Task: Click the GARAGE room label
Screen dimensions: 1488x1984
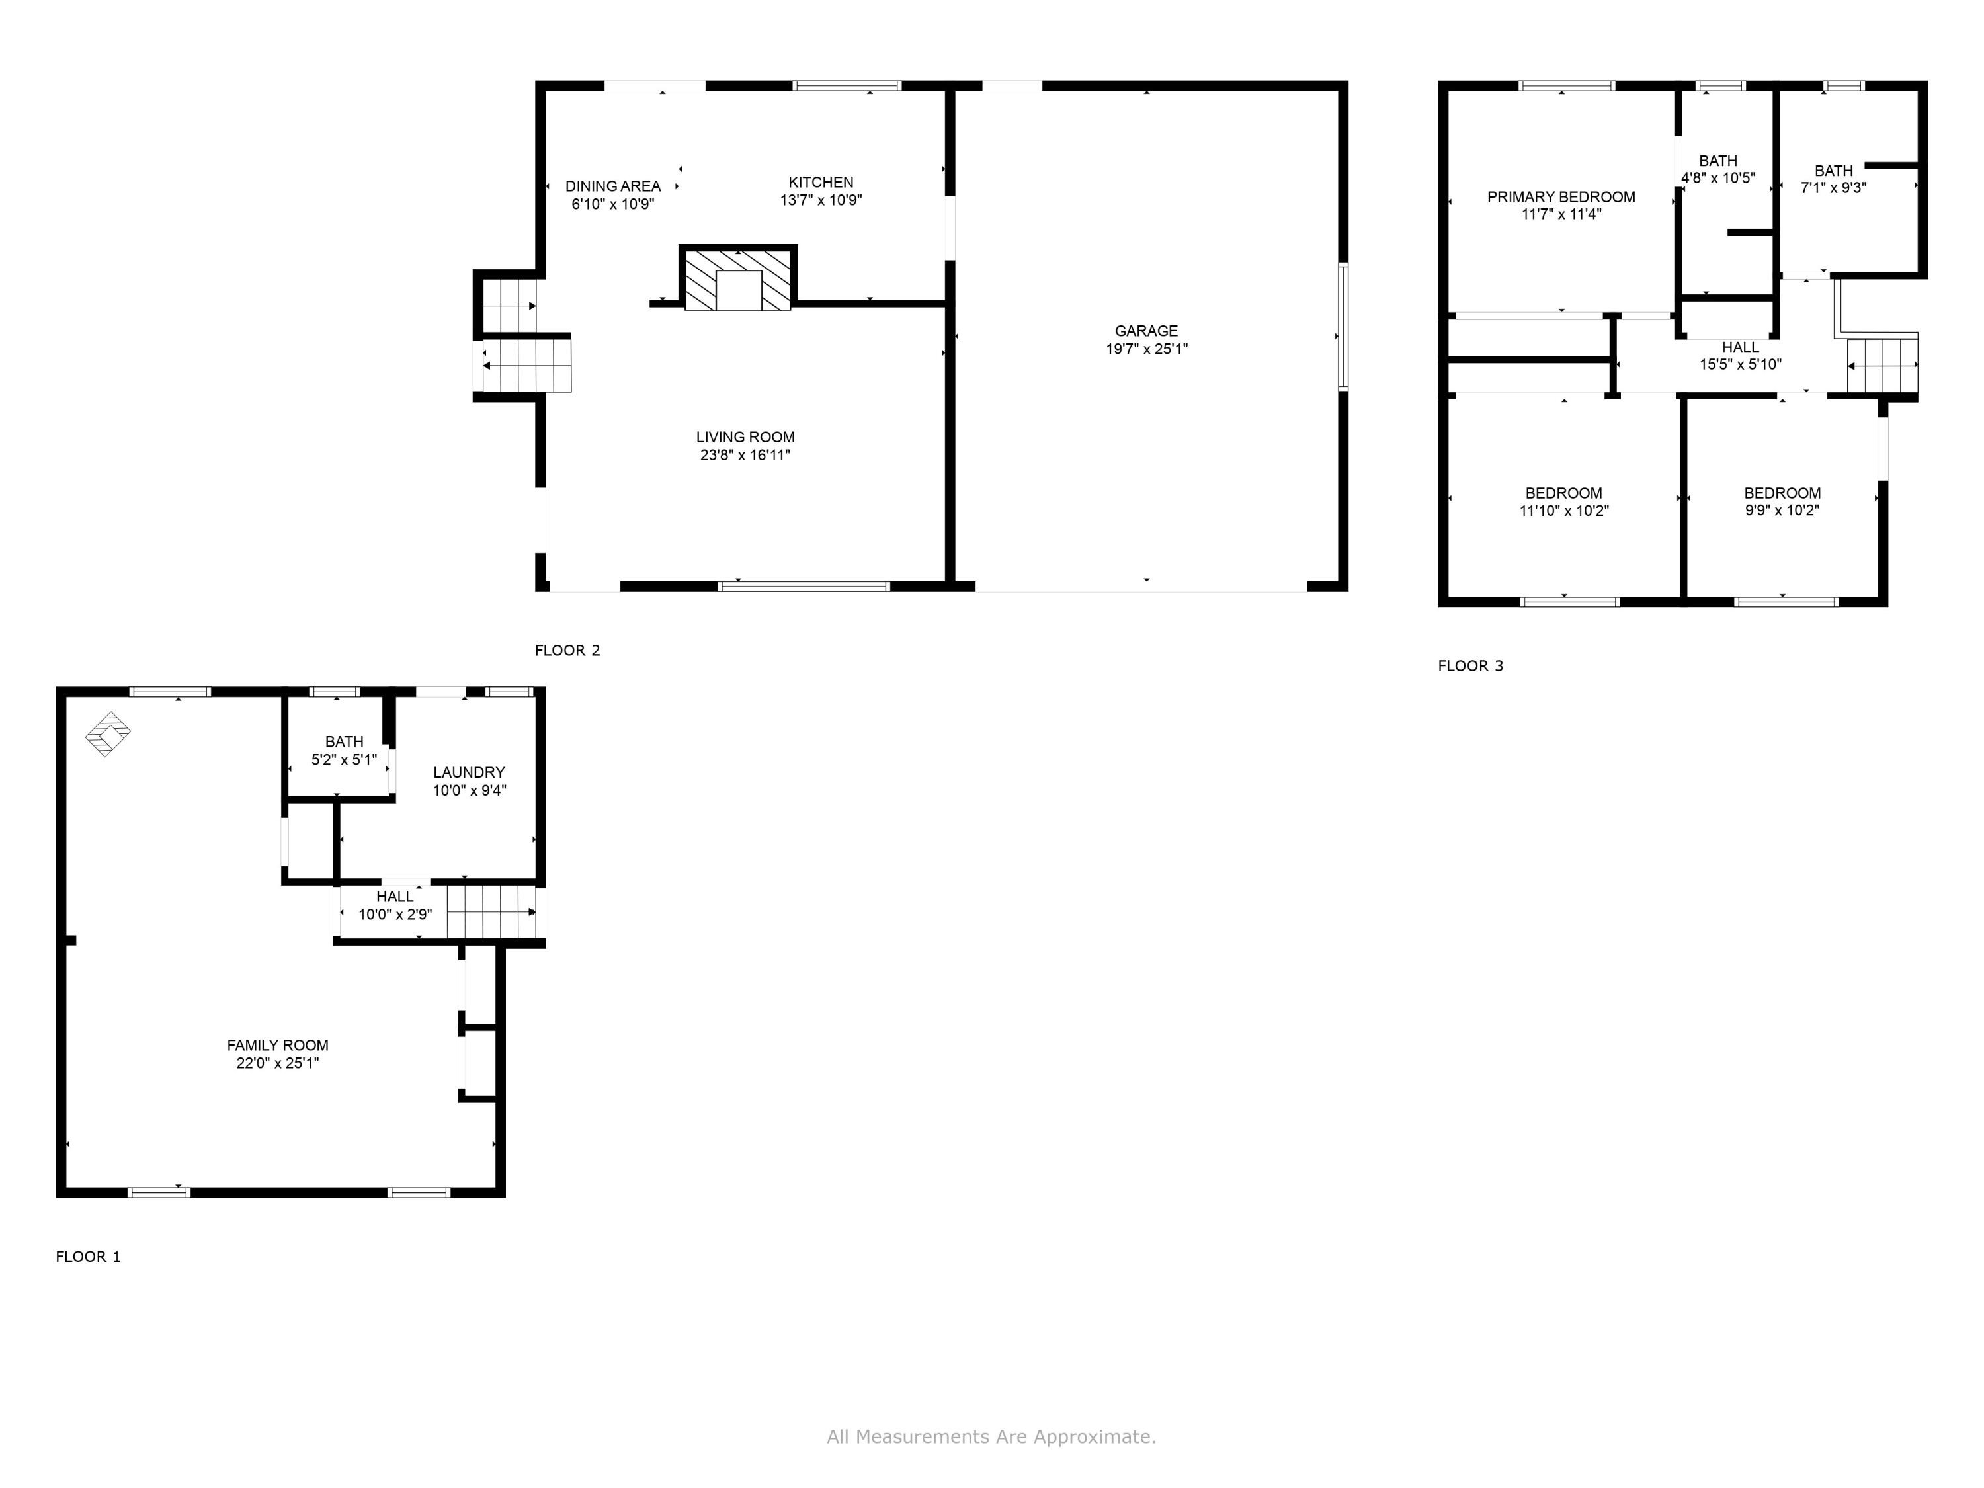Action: coord(1146,331)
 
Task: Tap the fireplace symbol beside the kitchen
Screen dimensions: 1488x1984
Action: coord(738,280)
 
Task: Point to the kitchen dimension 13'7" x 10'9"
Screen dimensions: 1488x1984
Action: coord(821,200)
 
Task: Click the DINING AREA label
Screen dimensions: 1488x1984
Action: coord(612,186)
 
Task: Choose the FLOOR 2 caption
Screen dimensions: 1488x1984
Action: coord(567,650)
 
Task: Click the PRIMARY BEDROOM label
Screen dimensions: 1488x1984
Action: coord(1561,197)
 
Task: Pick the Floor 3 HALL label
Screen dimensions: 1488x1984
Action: coord(1740,347)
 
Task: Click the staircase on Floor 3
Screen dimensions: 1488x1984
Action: coord(1881,366)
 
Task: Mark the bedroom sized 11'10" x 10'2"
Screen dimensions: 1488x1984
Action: coord(1563,501)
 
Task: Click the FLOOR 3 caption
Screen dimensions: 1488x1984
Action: coord(1470,665)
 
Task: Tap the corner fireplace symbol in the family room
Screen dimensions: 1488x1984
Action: coord(108,733)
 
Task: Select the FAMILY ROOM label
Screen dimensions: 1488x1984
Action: coord(277,1045)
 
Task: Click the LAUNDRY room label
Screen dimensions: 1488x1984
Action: coord(469,772)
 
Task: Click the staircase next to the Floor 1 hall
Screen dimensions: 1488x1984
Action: coord(491,912)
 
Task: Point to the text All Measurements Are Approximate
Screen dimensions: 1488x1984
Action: coord(991,1438)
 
